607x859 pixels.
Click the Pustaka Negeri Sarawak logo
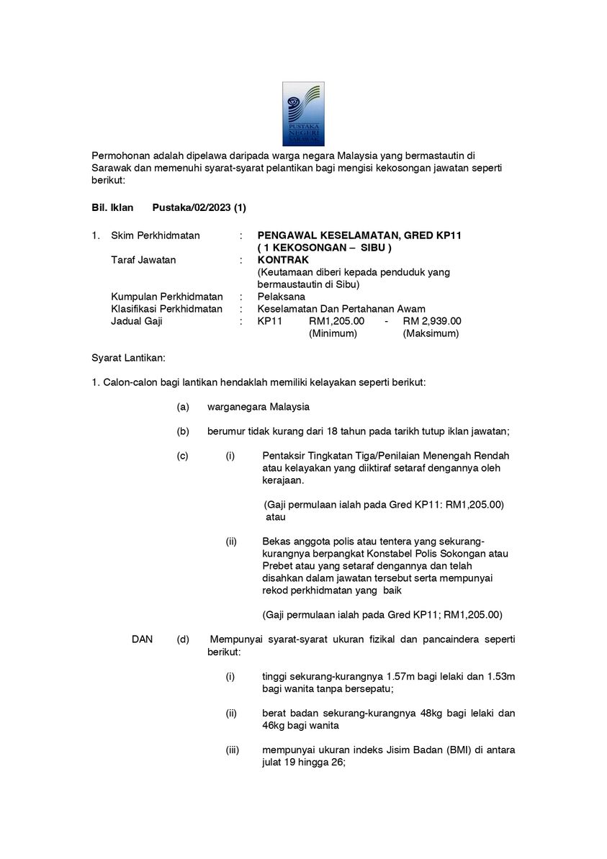pyautogui.click(x=302, y=114)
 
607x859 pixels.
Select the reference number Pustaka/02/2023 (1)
pyautogui.click(x=199, y=208)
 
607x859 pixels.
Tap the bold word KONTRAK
pyautogui.click(x=283, y=260)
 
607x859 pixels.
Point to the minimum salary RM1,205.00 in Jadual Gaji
pyautogui.click(x=336, y=321)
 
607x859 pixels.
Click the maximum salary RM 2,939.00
pyautogui.click(x=432, y=321)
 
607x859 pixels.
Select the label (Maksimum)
pyautogui.click(x=431, y=333)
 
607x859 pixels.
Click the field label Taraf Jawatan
pyautogui.click(x=143, y=260)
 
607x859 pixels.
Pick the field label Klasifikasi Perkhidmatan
pyautogui.click(x=166, y=309)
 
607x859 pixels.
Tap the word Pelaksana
pyautogui.click(x=281, y=297)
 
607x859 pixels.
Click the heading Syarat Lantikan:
pyautogui.click(x=129, y=358)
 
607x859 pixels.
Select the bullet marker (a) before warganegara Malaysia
pyautogui.click(x=183, y=407)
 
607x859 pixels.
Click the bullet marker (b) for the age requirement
pyautogui.click(x=183, y=431)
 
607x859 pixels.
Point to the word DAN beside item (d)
pyautogui.click(x=143, y=639)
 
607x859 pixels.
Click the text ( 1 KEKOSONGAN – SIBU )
pyautogui.click(x=324, y=248)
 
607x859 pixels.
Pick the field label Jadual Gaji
pyautogui.click(x=137, y=321)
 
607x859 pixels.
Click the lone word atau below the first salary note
pyautogui.click(x=276, y=517)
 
